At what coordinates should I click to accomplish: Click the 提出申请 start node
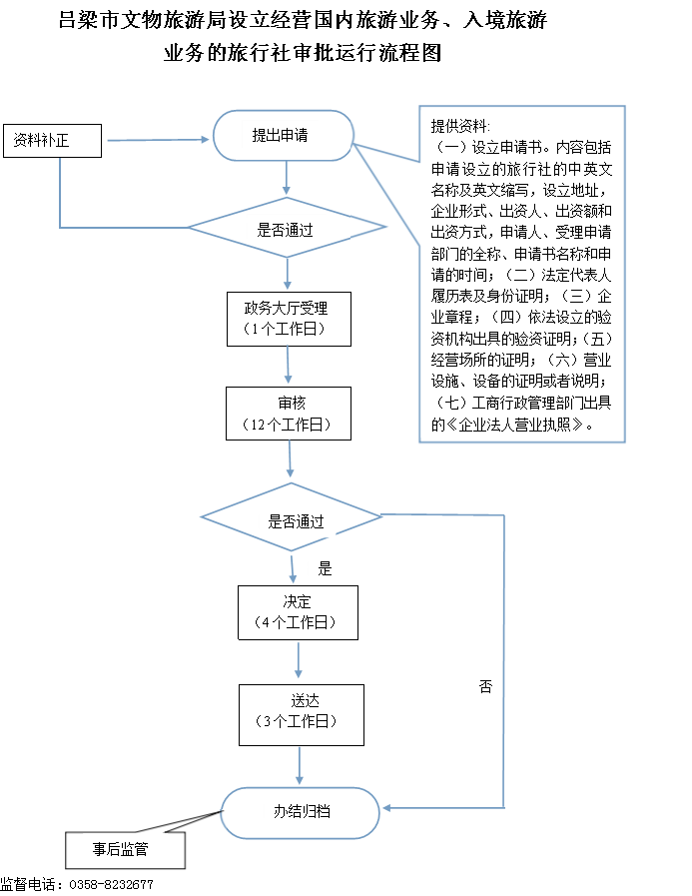[284, 136]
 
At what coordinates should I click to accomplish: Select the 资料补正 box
[53, 141]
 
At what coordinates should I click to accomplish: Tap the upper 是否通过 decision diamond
[287, 228]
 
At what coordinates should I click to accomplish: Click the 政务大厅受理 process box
[289, 319]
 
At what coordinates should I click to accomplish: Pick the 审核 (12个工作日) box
[289, 414]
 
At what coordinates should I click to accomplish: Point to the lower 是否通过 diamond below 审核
[291, 517]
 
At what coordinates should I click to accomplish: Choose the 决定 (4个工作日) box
[298, 612]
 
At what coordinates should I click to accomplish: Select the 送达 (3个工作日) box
[302, 715]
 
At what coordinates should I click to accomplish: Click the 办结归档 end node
[300, 812]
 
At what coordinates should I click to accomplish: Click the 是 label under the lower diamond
[325, 568]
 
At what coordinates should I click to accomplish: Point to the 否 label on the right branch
[485, 686]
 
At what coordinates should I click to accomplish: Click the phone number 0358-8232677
[111, 885]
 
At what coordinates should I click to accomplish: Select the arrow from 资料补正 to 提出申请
[159, 140]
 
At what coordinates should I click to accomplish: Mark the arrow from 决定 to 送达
[299, 659]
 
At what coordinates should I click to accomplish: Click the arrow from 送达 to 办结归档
[300, 766]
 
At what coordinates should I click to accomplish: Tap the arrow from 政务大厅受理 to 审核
[288, 366]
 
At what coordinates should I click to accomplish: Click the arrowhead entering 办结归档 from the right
[386, 808]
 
